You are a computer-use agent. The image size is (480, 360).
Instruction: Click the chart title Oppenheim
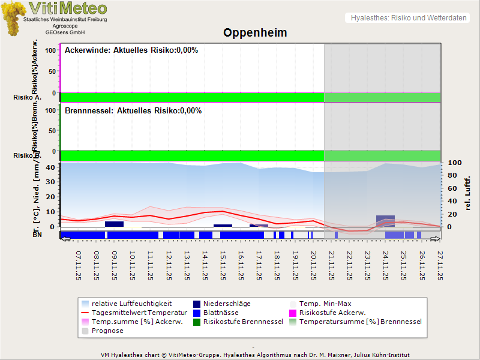(255, 33)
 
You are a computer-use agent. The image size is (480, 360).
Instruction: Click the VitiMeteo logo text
(68, 8)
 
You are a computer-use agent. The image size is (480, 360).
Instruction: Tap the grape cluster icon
(13, 18)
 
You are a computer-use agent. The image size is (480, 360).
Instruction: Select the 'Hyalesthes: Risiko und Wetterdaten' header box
(408, 18)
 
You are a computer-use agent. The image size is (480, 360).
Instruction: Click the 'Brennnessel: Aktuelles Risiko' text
(133, 111)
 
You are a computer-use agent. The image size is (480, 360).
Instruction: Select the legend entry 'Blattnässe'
(221, 313)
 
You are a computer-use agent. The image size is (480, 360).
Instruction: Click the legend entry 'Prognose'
(107, 331)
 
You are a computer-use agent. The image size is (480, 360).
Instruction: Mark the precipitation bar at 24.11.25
(385, 220)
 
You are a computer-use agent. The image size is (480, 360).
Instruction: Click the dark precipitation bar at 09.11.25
(114, 224)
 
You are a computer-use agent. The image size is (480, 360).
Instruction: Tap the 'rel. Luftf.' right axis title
(468, 193)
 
